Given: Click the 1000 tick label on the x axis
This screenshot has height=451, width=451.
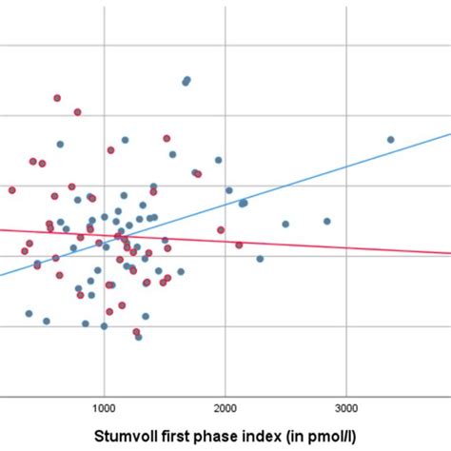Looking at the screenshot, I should coord(104,408).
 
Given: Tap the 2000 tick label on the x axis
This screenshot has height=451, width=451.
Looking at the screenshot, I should coord(225,408).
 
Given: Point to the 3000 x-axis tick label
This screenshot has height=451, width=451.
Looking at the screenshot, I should coord(346,408).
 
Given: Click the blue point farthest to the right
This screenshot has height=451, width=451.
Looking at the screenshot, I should coord(390,140).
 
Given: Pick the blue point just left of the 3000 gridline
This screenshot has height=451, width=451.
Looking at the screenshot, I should coord(326,221).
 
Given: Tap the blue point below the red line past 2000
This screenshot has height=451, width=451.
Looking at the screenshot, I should coord(260,258).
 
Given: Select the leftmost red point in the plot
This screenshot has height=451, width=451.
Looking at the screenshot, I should coord(12,190).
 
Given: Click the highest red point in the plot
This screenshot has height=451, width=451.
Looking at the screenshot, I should coord(57,98).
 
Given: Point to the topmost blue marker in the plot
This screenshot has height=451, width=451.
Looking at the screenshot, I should coord(186,80).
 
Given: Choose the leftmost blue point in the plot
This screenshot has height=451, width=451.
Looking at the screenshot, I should coord(29,313).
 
